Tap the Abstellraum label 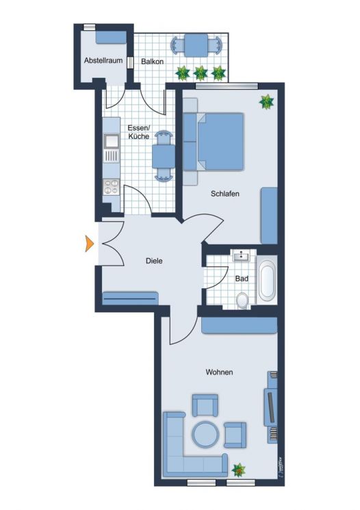(x=103, y=61)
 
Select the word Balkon (x=152, y=62)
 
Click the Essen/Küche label (x=138, y=131)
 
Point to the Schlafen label (x=224, y=194)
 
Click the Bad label (x=242, y=279)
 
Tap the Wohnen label (x=220, y=372)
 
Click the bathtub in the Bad (x=267, y=280)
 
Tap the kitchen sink (x=111, y=142)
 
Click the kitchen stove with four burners (x=110, y=188)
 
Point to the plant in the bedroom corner (x=266, y=102)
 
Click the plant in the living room (x=239, y=470)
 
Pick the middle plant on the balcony (x=201, y=72)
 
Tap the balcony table (x=196, y=46)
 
